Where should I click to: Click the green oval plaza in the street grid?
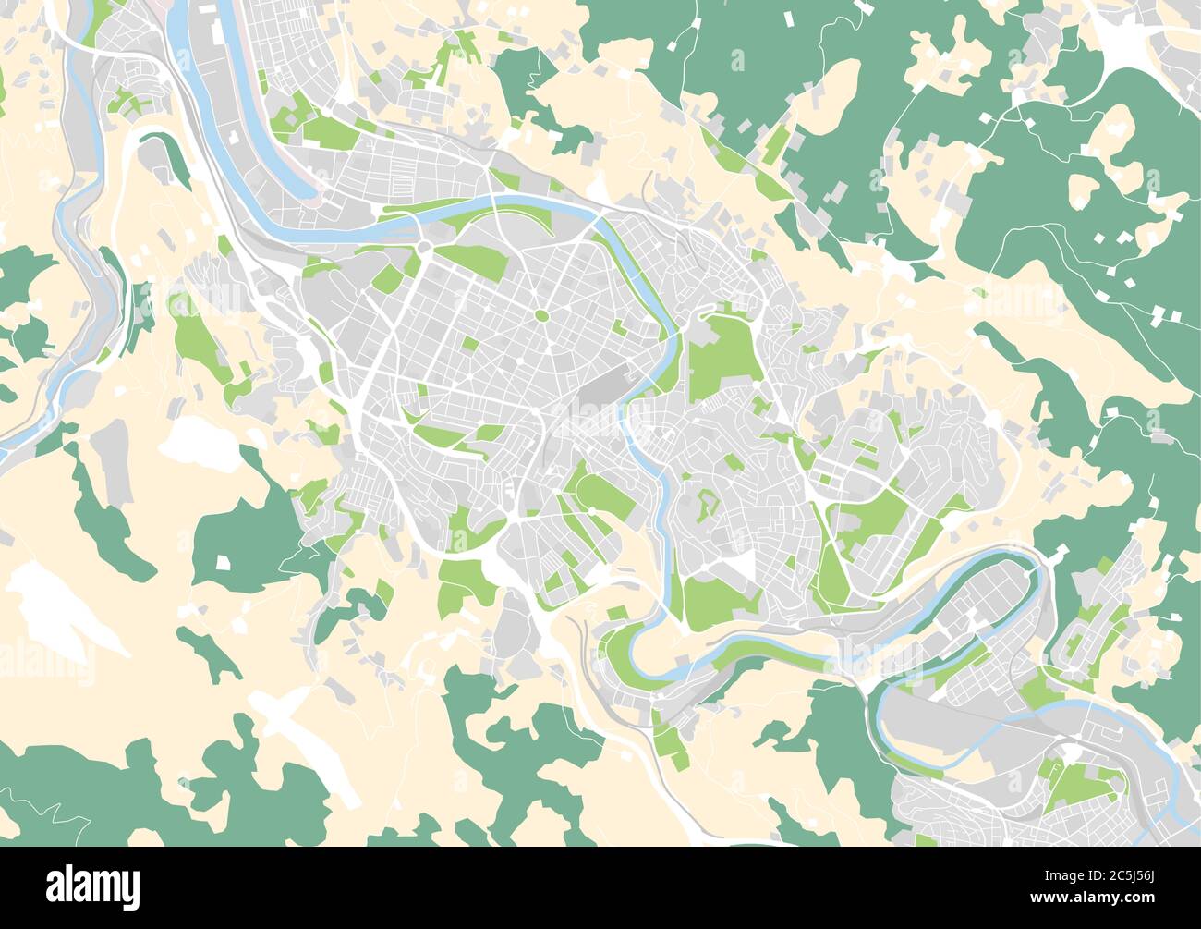(x=541, y=316)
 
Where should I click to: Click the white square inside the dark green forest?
(x=223, y=561)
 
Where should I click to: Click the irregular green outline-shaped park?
(x=707, y=505)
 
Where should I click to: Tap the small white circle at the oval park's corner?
(x=590, y=509)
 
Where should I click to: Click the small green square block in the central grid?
(x=470, y=344)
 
